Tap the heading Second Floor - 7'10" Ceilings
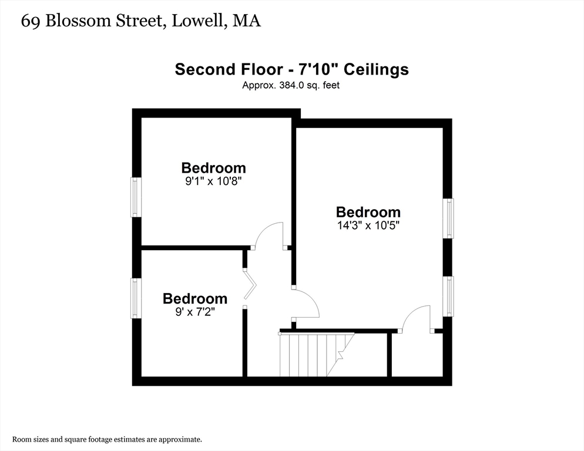(291, 70)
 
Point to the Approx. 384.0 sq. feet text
(291, 85)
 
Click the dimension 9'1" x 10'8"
(214, 181)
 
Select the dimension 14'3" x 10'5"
(368, 225)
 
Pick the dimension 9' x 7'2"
(195, 312)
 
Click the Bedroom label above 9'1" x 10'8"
(214, 168)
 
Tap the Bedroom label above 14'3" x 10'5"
(368, 212)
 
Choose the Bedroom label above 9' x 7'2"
(195, 298)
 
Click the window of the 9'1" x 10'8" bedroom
(136, 197)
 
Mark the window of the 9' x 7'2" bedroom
(136, 298)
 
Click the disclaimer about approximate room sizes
(108, 439)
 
